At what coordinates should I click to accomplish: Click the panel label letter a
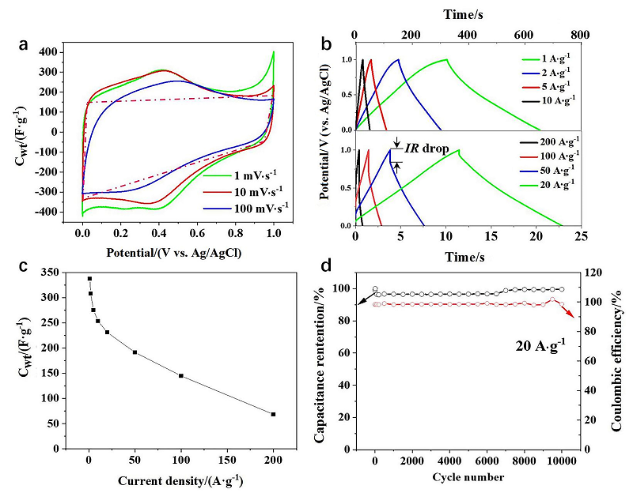pyautogui.click(x=25, y=45)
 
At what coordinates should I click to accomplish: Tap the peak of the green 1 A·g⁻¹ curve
pyautogui.click(x=446, y=59)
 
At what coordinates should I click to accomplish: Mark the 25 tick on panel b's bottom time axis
pyautogui.click(x=581, y=236)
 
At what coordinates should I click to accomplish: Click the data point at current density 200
pyautogui.click(x=274, y=414)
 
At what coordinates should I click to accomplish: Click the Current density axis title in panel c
pyautogui.click(x=181, y=480)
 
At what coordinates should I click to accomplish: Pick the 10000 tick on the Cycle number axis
pyautogui.click(x=562, y=458)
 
